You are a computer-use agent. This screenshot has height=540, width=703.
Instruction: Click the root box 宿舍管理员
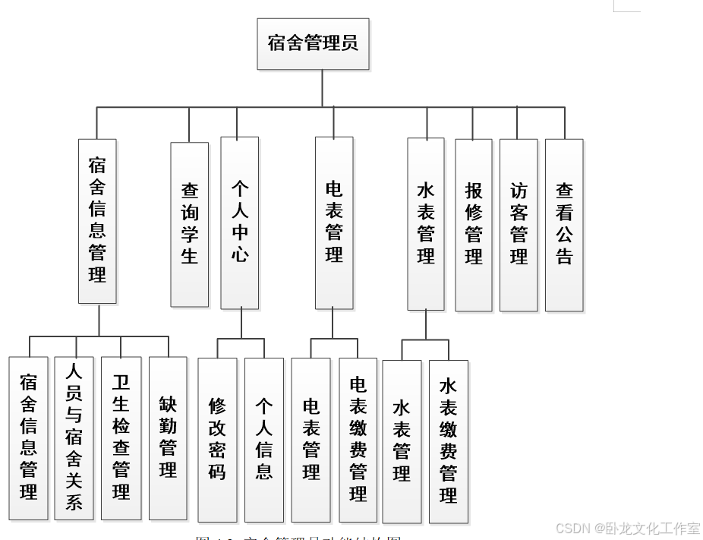pos(313,44)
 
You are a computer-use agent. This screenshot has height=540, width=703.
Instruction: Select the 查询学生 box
pos(189,224)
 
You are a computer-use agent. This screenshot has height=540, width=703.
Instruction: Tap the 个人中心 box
pos(240,223)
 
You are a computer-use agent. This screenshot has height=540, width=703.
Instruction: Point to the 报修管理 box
pos(474,225)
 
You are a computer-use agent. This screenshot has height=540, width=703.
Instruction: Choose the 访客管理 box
pos(519,225)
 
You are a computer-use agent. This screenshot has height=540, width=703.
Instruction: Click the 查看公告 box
pos(564,225)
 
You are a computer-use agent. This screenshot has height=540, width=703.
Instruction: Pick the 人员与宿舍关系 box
pos(74,438)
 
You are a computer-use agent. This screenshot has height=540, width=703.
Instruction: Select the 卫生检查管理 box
pos(121,438)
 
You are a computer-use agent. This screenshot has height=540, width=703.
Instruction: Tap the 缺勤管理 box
pos(168,438)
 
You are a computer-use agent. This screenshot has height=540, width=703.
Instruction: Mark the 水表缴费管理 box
pos(448,441)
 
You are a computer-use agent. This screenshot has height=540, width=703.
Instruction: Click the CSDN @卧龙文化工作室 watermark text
pos(628,529)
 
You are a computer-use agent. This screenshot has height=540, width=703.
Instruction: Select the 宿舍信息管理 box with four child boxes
pos(97,221)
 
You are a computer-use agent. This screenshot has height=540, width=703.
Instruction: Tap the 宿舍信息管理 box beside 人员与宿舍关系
pos(28,438)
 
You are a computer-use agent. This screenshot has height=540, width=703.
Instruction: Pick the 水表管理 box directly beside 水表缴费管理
pos(402,441)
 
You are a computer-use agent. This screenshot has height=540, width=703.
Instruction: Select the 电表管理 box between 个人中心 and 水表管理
pos(334,223)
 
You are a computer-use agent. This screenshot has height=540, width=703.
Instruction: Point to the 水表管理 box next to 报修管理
pos(426,223)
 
